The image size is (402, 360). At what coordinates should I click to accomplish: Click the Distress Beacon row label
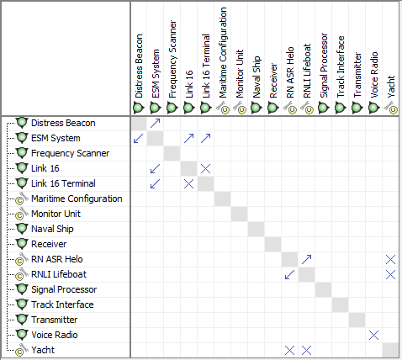click(63, 123)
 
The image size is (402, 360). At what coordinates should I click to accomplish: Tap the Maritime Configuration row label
click(77, 199)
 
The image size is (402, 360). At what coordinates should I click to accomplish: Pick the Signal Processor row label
click(64, 289)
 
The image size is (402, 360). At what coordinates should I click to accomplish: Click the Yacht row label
click(44, 350)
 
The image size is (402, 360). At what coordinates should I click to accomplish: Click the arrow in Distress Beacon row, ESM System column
click(156, 123)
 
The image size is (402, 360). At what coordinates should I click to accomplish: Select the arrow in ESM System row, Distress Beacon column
click(139, 138)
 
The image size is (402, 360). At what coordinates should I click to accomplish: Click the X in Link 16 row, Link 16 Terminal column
click(206, 168)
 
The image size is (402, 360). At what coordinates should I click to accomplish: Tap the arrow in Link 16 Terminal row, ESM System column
click(156, 183)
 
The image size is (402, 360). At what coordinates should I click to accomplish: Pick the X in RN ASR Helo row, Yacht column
click(391, 259)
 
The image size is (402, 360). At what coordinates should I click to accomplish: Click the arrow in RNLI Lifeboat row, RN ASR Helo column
click(290, 274)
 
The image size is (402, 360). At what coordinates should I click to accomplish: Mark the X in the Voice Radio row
click(374, 335)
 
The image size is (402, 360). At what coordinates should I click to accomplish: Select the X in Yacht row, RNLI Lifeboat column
click(307, 350)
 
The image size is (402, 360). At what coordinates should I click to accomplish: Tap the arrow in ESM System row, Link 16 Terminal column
click(206, 138)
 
